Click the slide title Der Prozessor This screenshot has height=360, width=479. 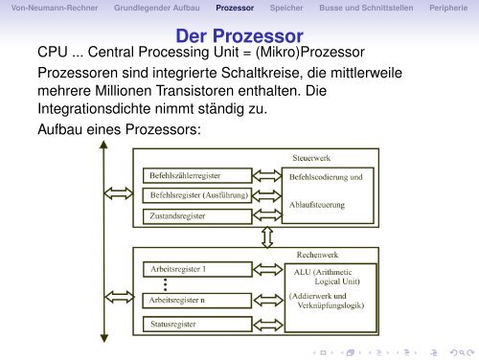click(239, 35)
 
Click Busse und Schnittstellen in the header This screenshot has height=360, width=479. click(345, 8)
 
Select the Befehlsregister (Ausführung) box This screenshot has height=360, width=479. click(195, 195)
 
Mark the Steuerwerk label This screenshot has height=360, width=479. click(313, 157)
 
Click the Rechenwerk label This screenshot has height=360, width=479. click(313, 257)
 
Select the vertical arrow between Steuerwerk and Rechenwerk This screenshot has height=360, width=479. click(264, 236)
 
